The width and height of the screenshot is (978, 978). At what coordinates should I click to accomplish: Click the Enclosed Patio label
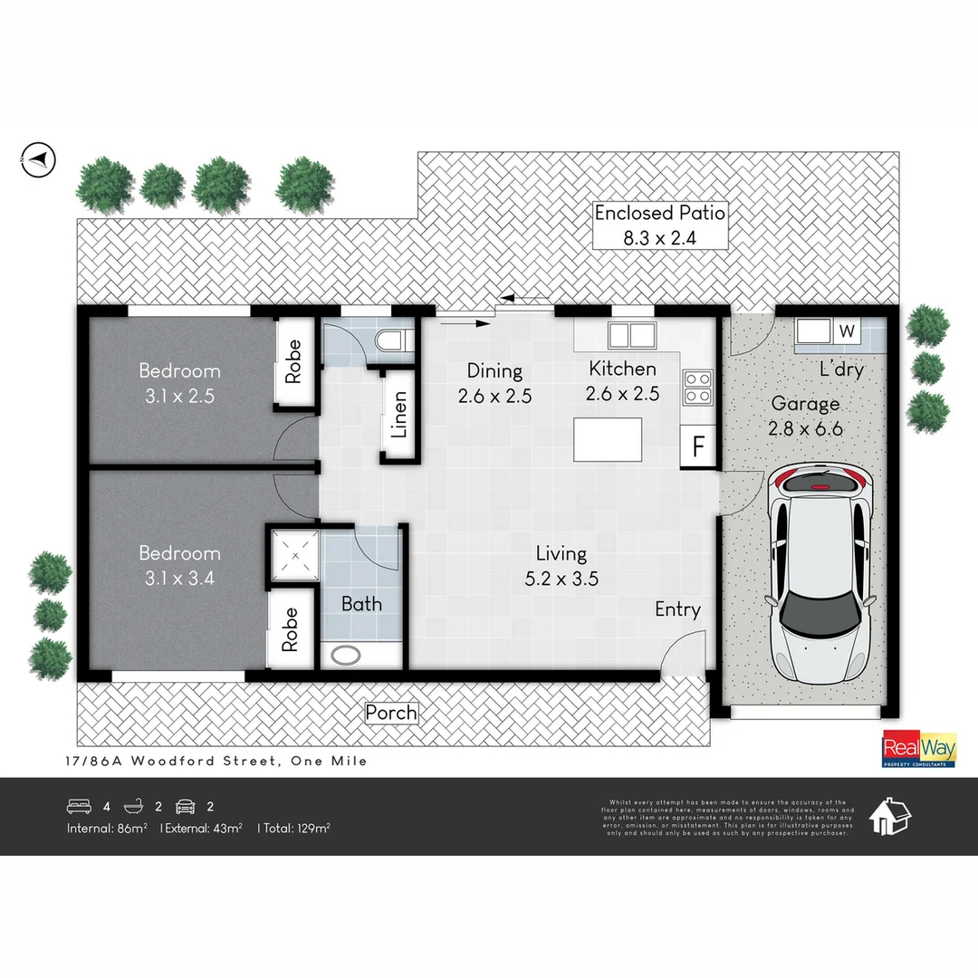pyautogui.click(x=659, y=214)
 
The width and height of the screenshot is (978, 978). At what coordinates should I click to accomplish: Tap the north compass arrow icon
pyautogui.click(x=37, y=159)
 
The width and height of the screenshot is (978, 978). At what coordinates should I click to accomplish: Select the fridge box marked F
pyautogui.click(x=698, y=447)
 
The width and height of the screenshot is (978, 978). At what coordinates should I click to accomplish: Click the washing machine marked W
pyautogui.click(x=848, y=331)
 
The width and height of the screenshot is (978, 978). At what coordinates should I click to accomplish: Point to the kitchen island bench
pyautogui.click(x=609, y=439)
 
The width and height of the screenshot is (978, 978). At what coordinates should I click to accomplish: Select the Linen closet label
pyautogui.click(x=398, y=414)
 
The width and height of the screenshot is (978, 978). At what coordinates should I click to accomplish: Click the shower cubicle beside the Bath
pyautogui.click(x=292, y=555)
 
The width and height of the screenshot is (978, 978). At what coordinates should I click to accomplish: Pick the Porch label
pyautogui.click(x=391, y=713)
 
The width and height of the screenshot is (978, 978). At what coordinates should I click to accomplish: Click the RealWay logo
pyautogui.click(x=919, y=750)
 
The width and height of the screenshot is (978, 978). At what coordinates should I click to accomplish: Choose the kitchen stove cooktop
pyautogui.click(x=695, y=387)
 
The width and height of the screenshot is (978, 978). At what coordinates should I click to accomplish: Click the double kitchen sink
pyautogui.click(x=632, y=335)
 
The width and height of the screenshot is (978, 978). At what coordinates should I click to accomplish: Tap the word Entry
pyautogui.click(x=677, y=609)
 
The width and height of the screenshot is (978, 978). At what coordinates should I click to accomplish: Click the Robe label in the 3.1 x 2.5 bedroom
pyautogui.click(x=292, y=360)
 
